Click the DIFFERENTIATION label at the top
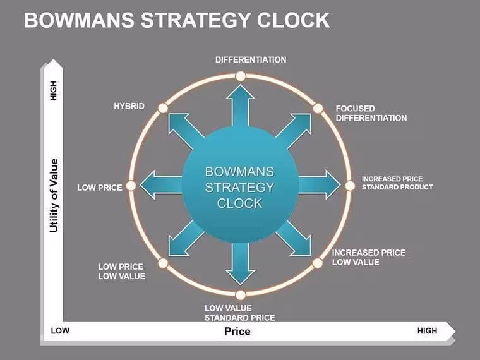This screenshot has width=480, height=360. click(x=251, y=60)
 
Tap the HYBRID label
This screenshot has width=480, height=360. click(x=129, y=106)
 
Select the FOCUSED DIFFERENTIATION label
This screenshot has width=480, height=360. click(x=371, y=113)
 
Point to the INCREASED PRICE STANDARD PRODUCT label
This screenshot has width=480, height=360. click(x=397, y=183)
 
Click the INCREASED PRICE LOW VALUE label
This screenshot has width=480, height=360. click(x=369, y=257)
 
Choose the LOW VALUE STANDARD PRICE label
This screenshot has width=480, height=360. click(x=240, y=313)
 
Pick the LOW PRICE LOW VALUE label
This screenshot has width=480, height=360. click(x=121, y=272)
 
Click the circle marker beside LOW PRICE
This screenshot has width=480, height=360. click(x=131, y=186)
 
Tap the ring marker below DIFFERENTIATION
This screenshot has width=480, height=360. click(x=241, y=76)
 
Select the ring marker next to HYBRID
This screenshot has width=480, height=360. click(x=163, y=108)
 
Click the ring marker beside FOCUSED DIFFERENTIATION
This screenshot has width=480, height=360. click(x=318, y=108)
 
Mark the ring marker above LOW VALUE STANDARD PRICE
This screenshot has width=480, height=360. click(x=241, y=295)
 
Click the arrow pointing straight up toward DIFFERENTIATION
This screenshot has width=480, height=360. click(x=240, y=106)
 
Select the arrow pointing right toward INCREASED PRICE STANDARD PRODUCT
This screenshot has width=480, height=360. click(x=320, y=185)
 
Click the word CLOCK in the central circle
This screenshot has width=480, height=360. click(x=240, y=203)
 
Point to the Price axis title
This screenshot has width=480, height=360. click(x=237, y=331)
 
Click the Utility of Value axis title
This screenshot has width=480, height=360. click(x=54, y=196)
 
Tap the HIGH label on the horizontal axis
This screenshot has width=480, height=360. click(x=428, y=331)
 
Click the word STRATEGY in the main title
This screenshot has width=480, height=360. click(x=198, y=20)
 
